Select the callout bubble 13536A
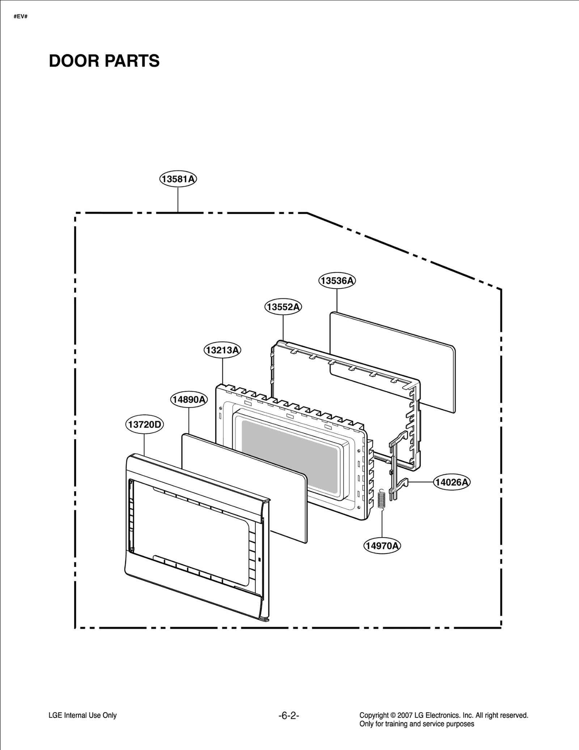coord(337,281)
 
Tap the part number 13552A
coord(283,307)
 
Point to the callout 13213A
coord(223,350)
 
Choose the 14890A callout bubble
coord(189,399)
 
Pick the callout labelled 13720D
coord(144,424)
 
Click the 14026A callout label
coord(452,482)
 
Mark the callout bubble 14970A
coord(382,546)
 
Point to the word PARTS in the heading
coord(132,61)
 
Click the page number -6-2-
coord(289,716)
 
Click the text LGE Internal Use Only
coord(83,715)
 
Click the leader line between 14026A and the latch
coord(421,482)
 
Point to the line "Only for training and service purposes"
coord(417,724)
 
